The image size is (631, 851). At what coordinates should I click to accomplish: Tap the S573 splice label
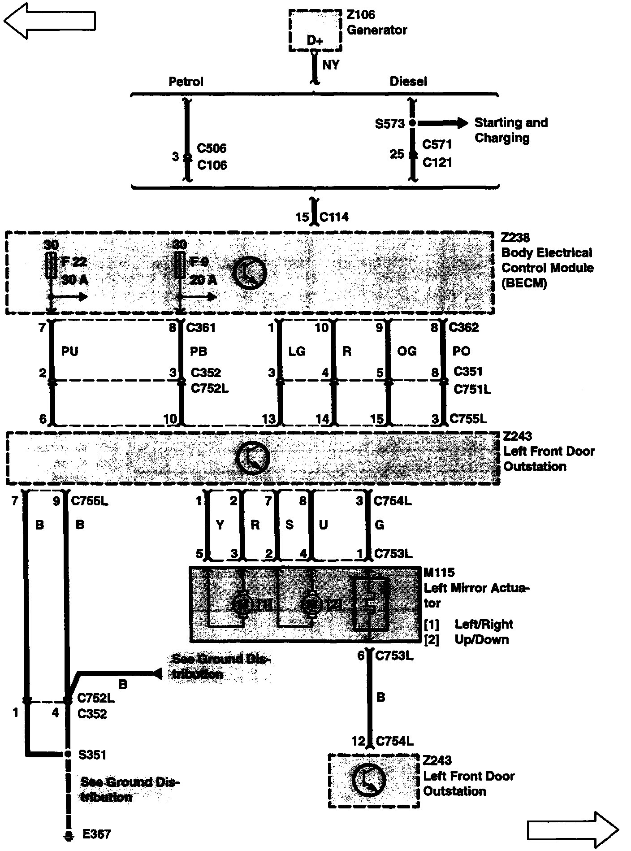click(x=389, y=124)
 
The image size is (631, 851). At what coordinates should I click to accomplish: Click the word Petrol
click(x=186, y=82)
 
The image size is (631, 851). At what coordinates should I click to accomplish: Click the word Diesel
click(x=408, y=82)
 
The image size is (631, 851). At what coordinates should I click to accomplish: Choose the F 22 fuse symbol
click(x=51, y=266)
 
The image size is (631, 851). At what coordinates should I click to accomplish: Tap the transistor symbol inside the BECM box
click(x=250, y=272)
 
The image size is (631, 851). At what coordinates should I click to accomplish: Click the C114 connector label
click(x=334, y=217)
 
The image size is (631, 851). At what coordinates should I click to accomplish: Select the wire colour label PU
click(x=69, y=351)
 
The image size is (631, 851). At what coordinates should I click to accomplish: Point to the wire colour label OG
click(x=406, y=351)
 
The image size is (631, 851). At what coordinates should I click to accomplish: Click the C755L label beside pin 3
click(x=468, y=419)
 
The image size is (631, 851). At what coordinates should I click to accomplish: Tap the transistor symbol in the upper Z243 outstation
click(x=253, y=458)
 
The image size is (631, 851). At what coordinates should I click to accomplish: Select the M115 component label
click(x=439, y=573)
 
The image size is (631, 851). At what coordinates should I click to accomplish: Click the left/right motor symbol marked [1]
click(x=243, y=604)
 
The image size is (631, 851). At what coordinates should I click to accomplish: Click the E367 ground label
click(x=96, y=834)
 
